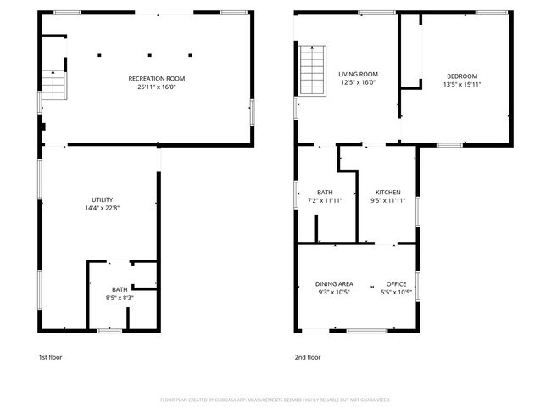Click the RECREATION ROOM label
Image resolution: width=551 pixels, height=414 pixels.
(x=156, y=78)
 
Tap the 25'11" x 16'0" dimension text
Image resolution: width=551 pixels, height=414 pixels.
(x=156, y=86)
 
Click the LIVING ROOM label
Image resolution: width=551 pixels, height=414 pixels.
(x=357, y=75)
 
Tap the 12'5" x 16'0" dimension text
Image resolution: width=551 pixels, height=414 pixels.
(x=357, y=83)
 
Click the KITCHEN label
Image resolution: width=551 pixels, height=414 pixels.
(x=388, y=192)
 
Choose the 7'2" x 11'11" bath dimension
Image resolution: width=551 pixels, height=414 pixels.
(x=326, y=200)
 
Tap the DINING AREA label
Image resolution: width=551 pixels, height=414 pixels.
(x=335, y=283)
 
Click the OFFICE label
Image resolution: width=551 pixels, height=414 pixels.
(x=396, y=283)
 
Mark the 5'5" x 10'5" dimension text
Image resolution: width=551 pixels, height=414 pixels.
(x=396, y=292)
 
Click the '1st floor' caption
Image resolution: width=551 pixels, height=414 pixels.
(x=50, y=357)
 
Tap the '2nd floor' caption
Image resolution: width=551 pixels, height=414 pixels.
(x=308, y=357)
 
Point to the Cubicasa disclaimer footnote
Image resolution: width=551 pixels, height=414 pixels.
(x=275, y=399)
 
